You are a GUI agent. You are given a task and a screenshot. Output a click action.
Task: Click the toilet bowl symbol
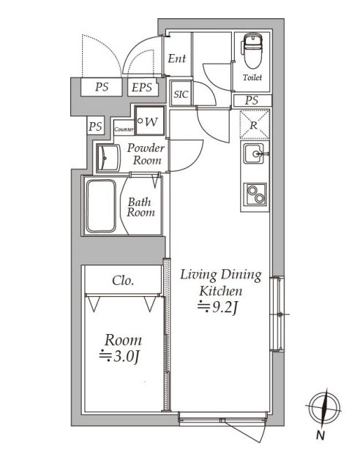pos(252,50)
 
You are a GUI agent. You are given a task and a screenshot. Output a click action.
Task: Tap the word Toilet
pos(252,77)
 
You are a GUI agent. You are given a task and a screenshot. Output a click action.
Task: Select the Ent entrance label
pos(176,58)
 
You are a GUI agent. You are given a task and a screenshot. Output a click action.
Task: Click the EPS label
pos(142,88)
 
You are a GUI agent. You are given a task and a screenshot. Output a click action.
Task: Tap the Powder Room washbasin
pos(109,156)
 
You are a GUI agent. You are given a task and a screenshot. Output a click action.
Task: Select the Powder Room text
pos(146,154)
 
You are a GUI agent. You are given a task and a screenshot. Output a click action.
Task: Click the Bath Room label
pos(141,207)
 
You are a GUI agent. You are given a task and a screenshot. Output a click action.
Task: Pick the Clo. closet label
pos(121,280)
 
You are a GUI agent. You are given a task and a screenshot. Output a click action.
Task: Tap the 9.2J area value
pos(221,306)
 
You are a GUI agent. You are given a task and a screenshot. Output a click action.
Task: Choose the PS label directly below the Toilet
pos(252,100)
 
